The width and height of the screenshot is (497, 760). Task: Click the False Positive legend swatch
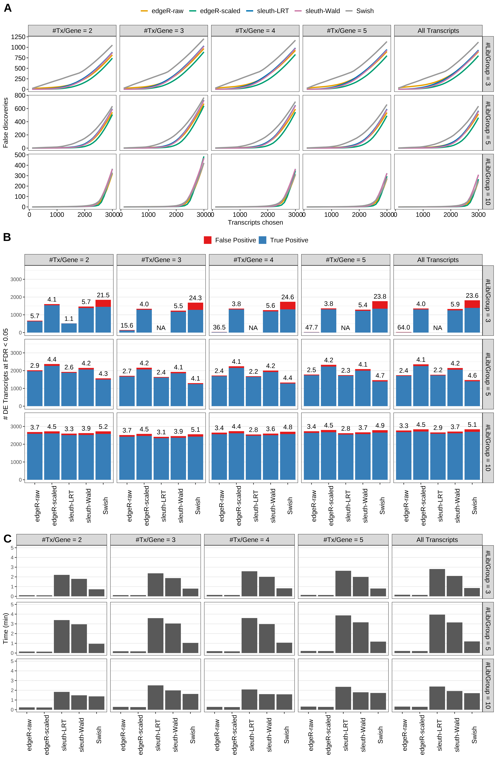208,240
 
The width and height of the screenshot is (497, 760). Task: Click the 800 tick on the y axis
20,95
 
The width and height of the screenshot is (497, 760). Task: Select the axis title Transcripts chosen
255,223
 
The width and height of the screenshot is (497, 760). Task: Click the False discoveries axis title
5,123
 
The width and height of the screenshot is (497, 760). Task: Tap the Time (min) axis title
5,628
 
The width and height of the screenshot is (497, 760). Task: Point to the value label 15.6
127,325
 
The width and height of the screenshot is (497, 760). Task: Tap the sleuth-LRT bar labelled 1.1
69,328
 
